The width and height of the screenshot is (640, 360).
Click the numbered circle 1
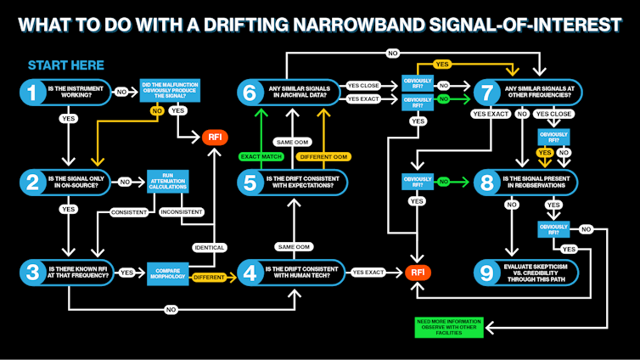[x=32, y=92]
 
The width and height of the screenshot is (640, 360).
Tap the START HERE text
[x=66, y=65]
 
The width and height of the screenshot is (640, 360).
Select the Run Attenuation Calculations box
[x=167, y=181]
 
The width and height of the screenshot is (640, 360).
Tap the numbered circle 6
[x=250, y=92]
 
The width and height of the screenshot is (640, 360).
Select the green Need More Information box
[x=448, y=326]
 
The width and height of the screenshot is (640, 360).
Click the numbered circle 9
[x=486, y=273]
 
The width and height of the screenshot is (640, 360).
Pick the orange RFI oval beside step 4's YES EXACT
[x=417, y=273]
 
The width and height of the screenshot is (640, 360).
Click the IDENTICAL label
[x=209, y=247]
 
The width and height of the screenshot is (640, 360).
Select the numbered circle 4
[x=250, y=273]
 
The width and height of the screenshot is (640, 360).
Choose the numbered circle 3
[x=32, y=273]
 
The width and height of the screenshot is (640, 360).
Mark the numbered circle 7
[x=486, y=92]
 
